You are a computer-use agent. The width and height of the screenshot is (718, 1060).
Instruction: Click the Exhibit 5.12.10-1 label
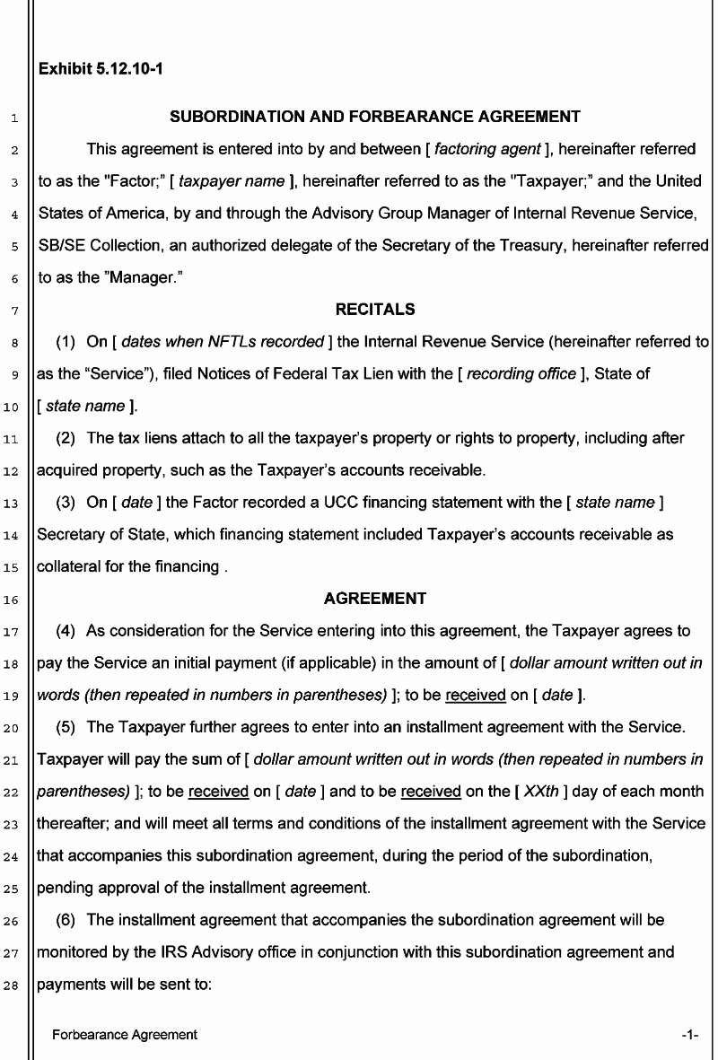coord(101,68)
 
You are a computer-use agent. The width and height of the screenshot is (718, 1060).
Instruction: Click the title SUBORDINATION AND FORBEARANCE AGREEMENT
coord(375,117)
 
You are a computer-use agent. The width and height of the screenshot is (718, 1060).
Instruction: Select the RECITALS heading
coord(375,310)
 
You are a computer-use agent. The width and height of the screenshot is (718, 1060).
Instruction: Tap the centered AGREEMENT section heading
coord(375,599)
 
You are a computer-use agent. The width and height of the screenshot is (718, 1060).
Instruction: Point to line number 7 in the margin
coord(17,311)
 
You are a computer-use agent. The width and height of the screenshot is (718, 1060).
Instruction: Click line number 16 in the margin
coord(17,600)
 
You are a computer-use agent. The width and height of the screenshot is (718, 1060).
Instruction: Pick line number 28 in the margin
coord(17,985)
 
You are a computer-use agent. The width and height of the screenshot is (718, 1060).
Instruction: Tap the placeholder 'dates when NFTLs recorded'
coord(223,342)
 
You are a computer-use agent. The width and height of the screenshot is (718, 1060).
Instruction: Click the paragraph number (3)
coord(66,503)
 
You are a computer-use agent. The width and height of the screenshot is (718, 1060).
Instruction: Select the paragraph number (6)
coord(66,920)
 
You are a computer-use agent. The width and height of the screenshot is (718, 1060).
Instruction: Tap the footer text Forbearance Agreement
coord(125,1035)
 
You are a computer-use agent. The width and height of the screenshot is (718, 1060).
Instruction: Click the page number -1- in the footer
coord(689,1035)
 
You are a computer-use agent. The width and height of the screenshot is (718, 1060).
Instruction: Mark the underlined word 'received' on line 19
coord(476,695)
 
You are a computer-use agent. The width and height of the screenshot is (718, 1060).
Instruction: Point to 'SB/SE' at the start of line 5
coord(59,245)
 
